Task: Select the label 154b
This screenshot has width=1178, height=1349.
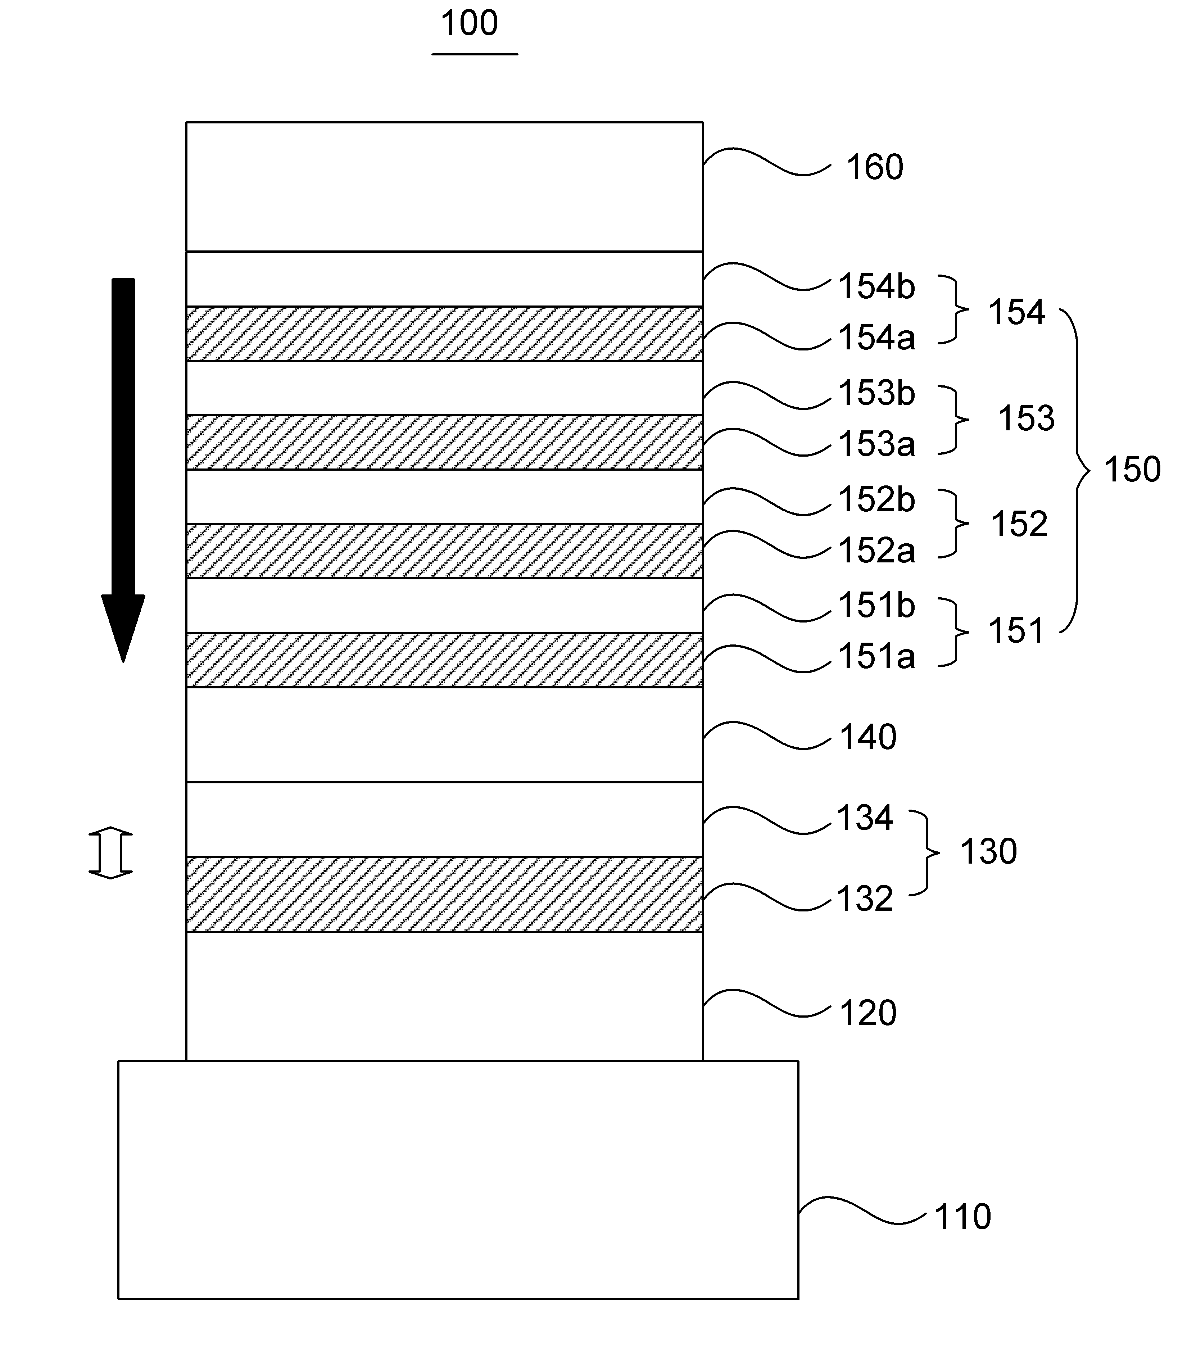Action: [877, 287]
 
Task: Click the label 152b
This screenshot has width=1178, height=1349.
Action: [877, 500]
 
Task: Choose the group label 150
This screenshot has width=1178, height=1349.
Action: [1132, 470]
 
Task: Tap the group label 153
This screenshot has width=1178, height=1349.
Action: [1026, 418]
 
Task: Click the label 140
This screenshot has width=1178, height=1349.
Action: [868, 737]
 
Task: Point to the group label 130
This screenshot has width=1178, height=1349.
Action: [989, 851]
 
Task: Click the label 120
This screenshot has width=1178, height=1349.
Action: [868, 1013]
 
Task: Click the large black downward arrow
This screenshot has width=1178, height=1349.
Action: [123, 470]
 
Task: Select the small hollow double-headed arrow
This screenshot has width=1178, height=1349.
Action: [110, 853]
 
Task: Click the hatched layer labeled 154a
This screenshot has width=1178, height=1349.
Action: [444, 333]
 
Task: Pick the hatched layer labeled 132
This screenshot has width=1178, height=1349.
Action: [444, 894]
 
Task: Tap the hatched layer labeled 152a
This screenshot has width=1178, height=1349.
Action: [444, 551]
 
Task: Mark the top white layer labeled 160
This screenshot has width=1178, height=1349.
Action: [444, 187]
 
